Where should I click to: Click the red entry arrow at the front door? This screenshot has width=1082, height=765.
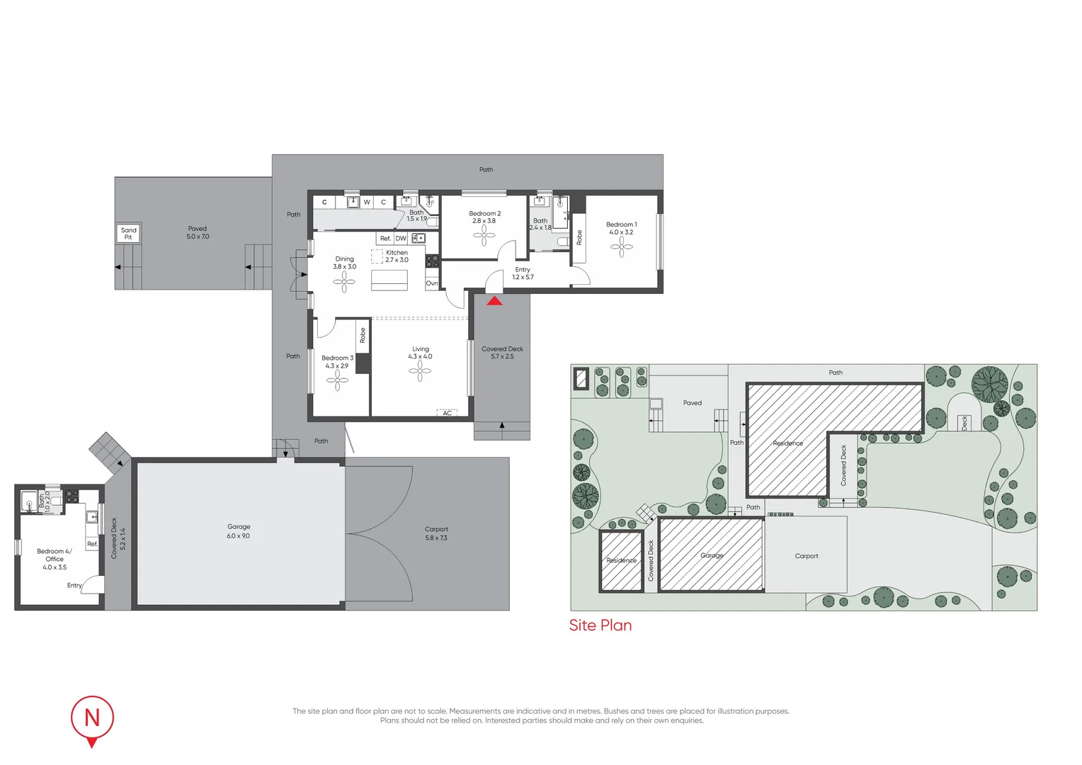[x=494, y=301]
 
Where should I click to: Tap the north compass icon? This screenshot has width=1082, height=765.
[x=92, y=719]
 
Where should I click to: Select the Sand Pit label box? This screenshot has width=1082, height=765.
[x=128, y=233]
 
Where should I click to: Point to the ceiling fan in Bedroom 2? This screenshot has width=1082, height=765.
[x=484, y=234]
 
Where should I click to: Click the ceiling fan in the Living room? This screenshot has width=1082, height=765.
[x=420, y=370]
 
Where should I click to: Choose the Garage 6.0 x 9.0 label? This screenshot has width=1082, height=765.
[x=239, y=531]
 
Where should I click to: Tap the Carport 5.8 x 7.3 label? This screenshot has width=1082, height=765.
[x=436, y=533]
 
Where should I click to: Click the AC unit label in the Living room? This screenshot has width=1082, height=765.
[x=447, y=412]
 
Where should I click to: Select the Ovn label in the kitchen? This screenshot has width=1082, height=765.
[x=431, y=283]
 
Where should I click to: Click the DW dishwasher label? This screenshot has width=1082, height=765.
[x=401, y=239]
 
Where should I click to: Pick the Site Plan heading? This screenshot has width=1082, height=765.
[x=600, y=625]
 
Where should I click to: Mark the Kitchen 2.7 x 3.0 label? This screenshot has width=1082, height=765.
[x=397, y=256]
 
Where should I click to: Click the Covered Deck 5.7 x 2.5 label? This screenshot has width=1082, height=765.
[x=502, y=353]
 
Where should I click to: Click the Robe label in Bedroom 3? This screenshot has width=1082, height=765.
[x=363, y=335]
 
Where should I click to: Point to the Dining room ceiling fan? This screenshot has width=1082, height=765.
[x=345, y=282]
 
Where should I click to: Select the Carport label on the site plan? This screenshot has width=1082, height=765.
[x=807, y=556]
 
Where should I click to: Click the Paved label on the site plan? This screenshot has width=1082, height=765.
[x=692, y=403]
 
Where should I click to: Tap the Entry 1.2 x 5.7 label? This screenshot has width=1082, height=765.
[x=523, y=273]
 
